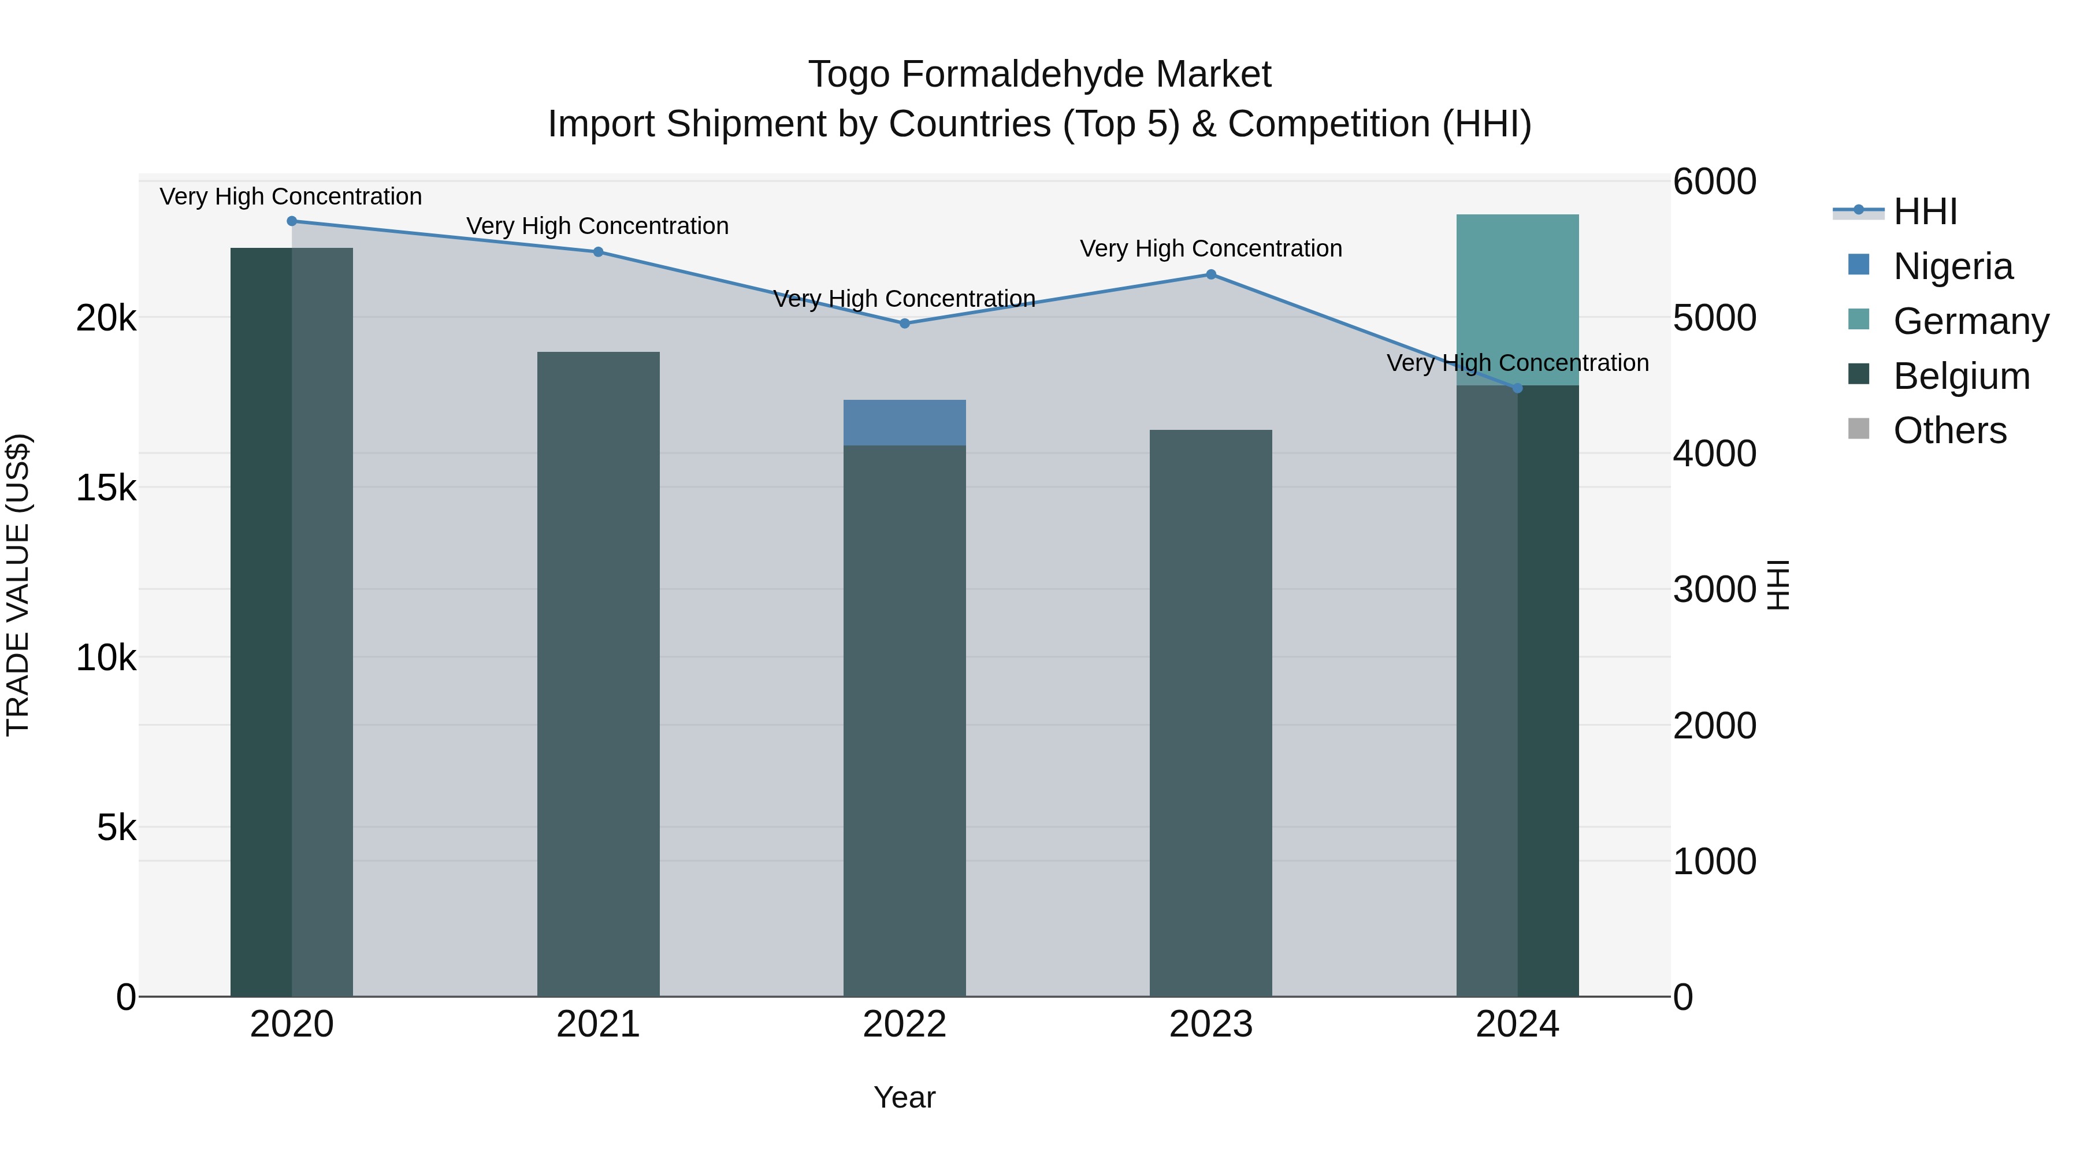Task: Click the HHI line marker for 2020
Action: click(292, 221)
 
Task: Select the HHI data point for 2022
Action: click(904, 324)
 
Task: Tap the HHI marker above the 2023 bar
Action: click(1210, 274)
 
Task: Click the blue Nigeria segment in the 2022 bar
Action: click(904, 423)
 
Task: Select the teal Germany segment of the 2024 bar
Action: click(1517, 299)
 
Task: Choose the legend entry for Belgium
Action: click(1960, 376)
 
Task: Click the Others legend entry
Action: click(1949, 431)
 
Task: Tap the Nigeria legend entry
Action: click(1952, 266)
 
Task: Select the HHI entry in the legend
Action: click(1925, 211)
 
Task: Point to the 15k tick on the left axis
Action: click(106, 488)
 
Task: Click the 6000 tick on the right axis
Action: click(1714, 181)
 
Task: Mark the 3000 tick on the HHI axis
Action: click(1714, 589)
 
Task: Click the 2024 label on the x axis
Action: click(1517, 1024)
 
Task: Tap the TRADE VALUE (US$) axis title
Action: click(18, 585)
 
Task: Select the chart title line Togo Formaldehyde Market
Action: click(1039, 75)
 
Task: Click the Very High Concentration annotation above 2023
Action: click(1210, 248)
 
